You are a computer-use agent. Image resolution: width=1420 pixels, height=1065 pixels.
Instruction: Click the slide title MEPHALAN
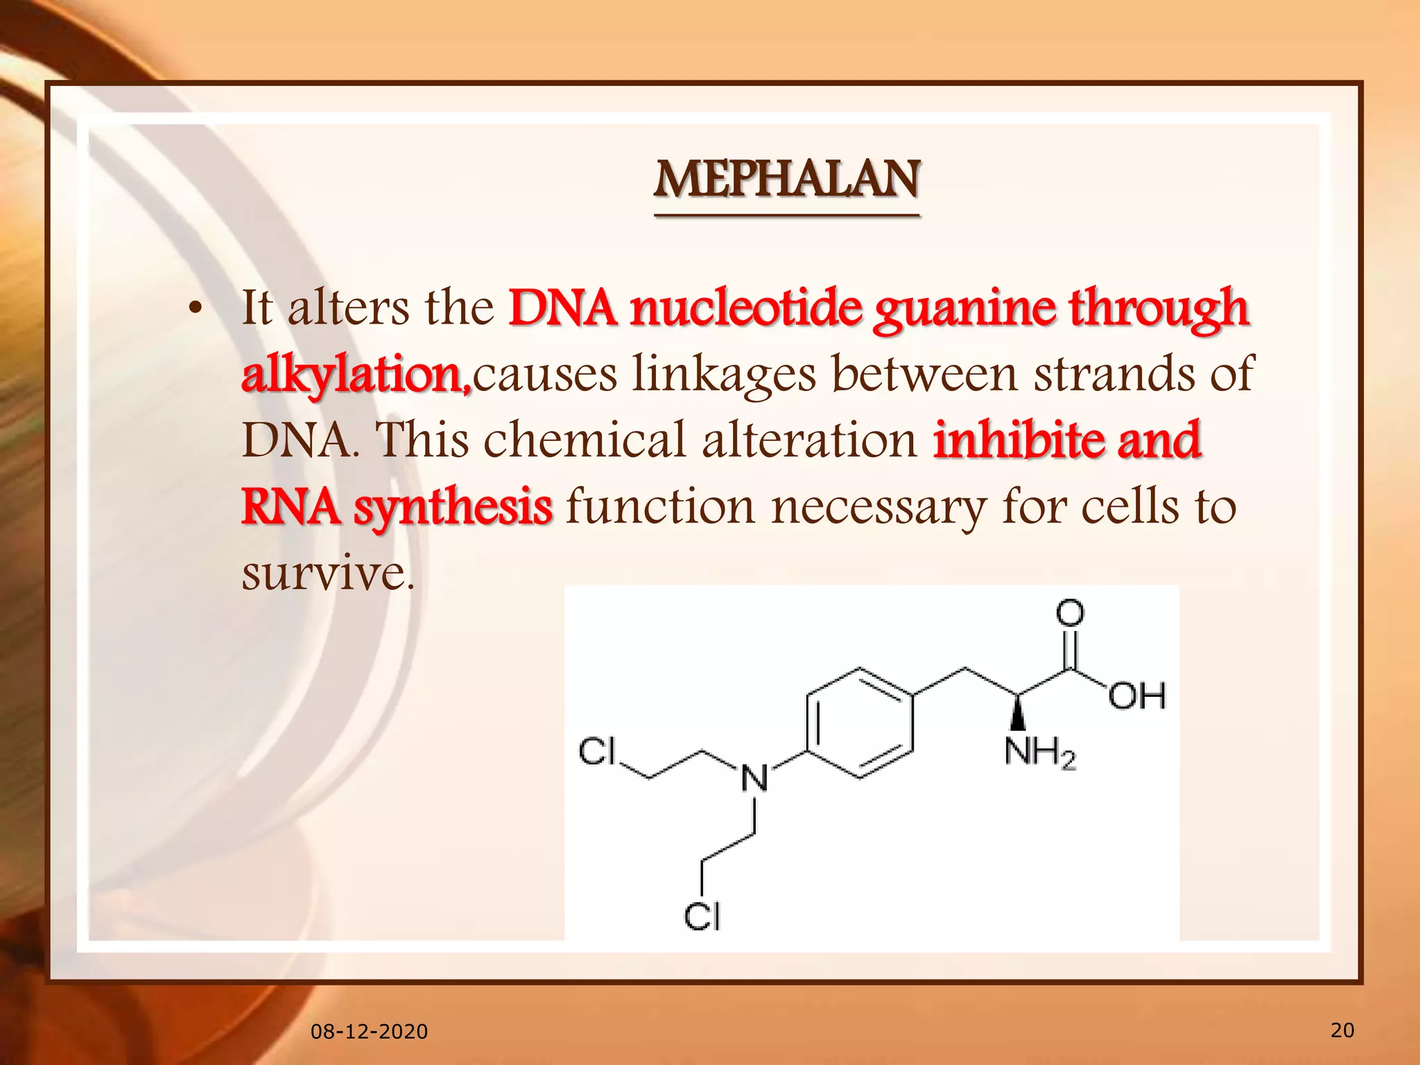click(x=787, y=180)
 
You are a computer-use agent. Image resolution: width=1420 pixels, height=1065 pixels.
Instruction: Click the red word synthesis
click(x=453, y=507)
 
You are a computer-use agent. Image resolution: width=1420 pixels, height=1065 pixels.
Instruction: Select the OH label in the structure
click(x=1136, y=695)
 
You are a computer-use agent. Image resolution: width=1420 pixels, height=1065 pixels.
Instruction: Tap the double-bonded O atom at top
click(x=1070, y=613)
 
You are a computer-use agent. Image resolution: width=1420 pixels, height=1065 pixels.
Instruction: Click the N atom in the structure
click(x=754, y=778)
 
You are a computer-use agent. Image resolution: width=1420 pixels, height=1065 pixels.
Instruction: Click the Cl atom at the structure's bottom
click(x=702, y=916)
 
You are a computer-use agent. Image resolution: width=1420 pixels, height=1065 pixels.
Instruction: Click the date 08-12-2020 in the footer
click(x=369, y=1032)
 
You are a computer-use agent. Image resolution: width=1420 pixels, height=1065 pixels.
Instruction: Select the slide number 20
click(x=1342, y=1030)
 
